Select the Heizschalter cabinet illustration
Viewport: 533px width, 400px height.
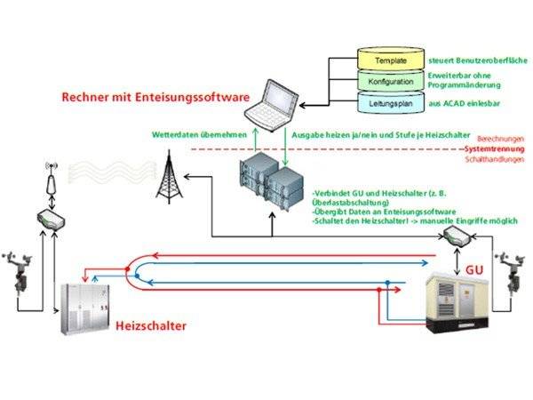[x=84, y=303]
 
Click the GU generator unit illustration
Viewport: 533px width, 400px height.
[x=454, y=299]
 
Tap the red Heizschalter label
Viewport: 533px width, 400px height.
[x=152, y=327]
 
